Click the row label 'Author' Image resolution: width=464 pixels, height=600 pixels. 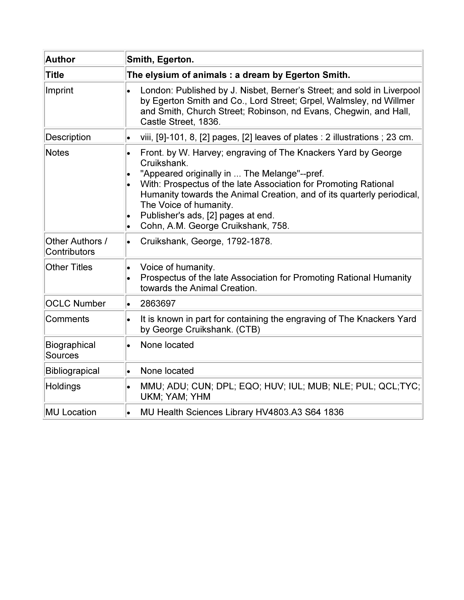[60, 59]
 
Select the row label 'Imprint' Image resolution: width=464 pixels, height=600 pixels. [59, 90]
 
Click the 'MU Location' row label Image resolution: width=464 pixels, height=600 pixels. [71, 412]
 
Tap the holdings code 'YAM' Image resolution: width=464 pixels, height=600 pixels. [177, 397]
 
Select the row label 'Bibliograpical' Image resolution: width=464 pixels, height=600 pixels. [72, 371]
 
